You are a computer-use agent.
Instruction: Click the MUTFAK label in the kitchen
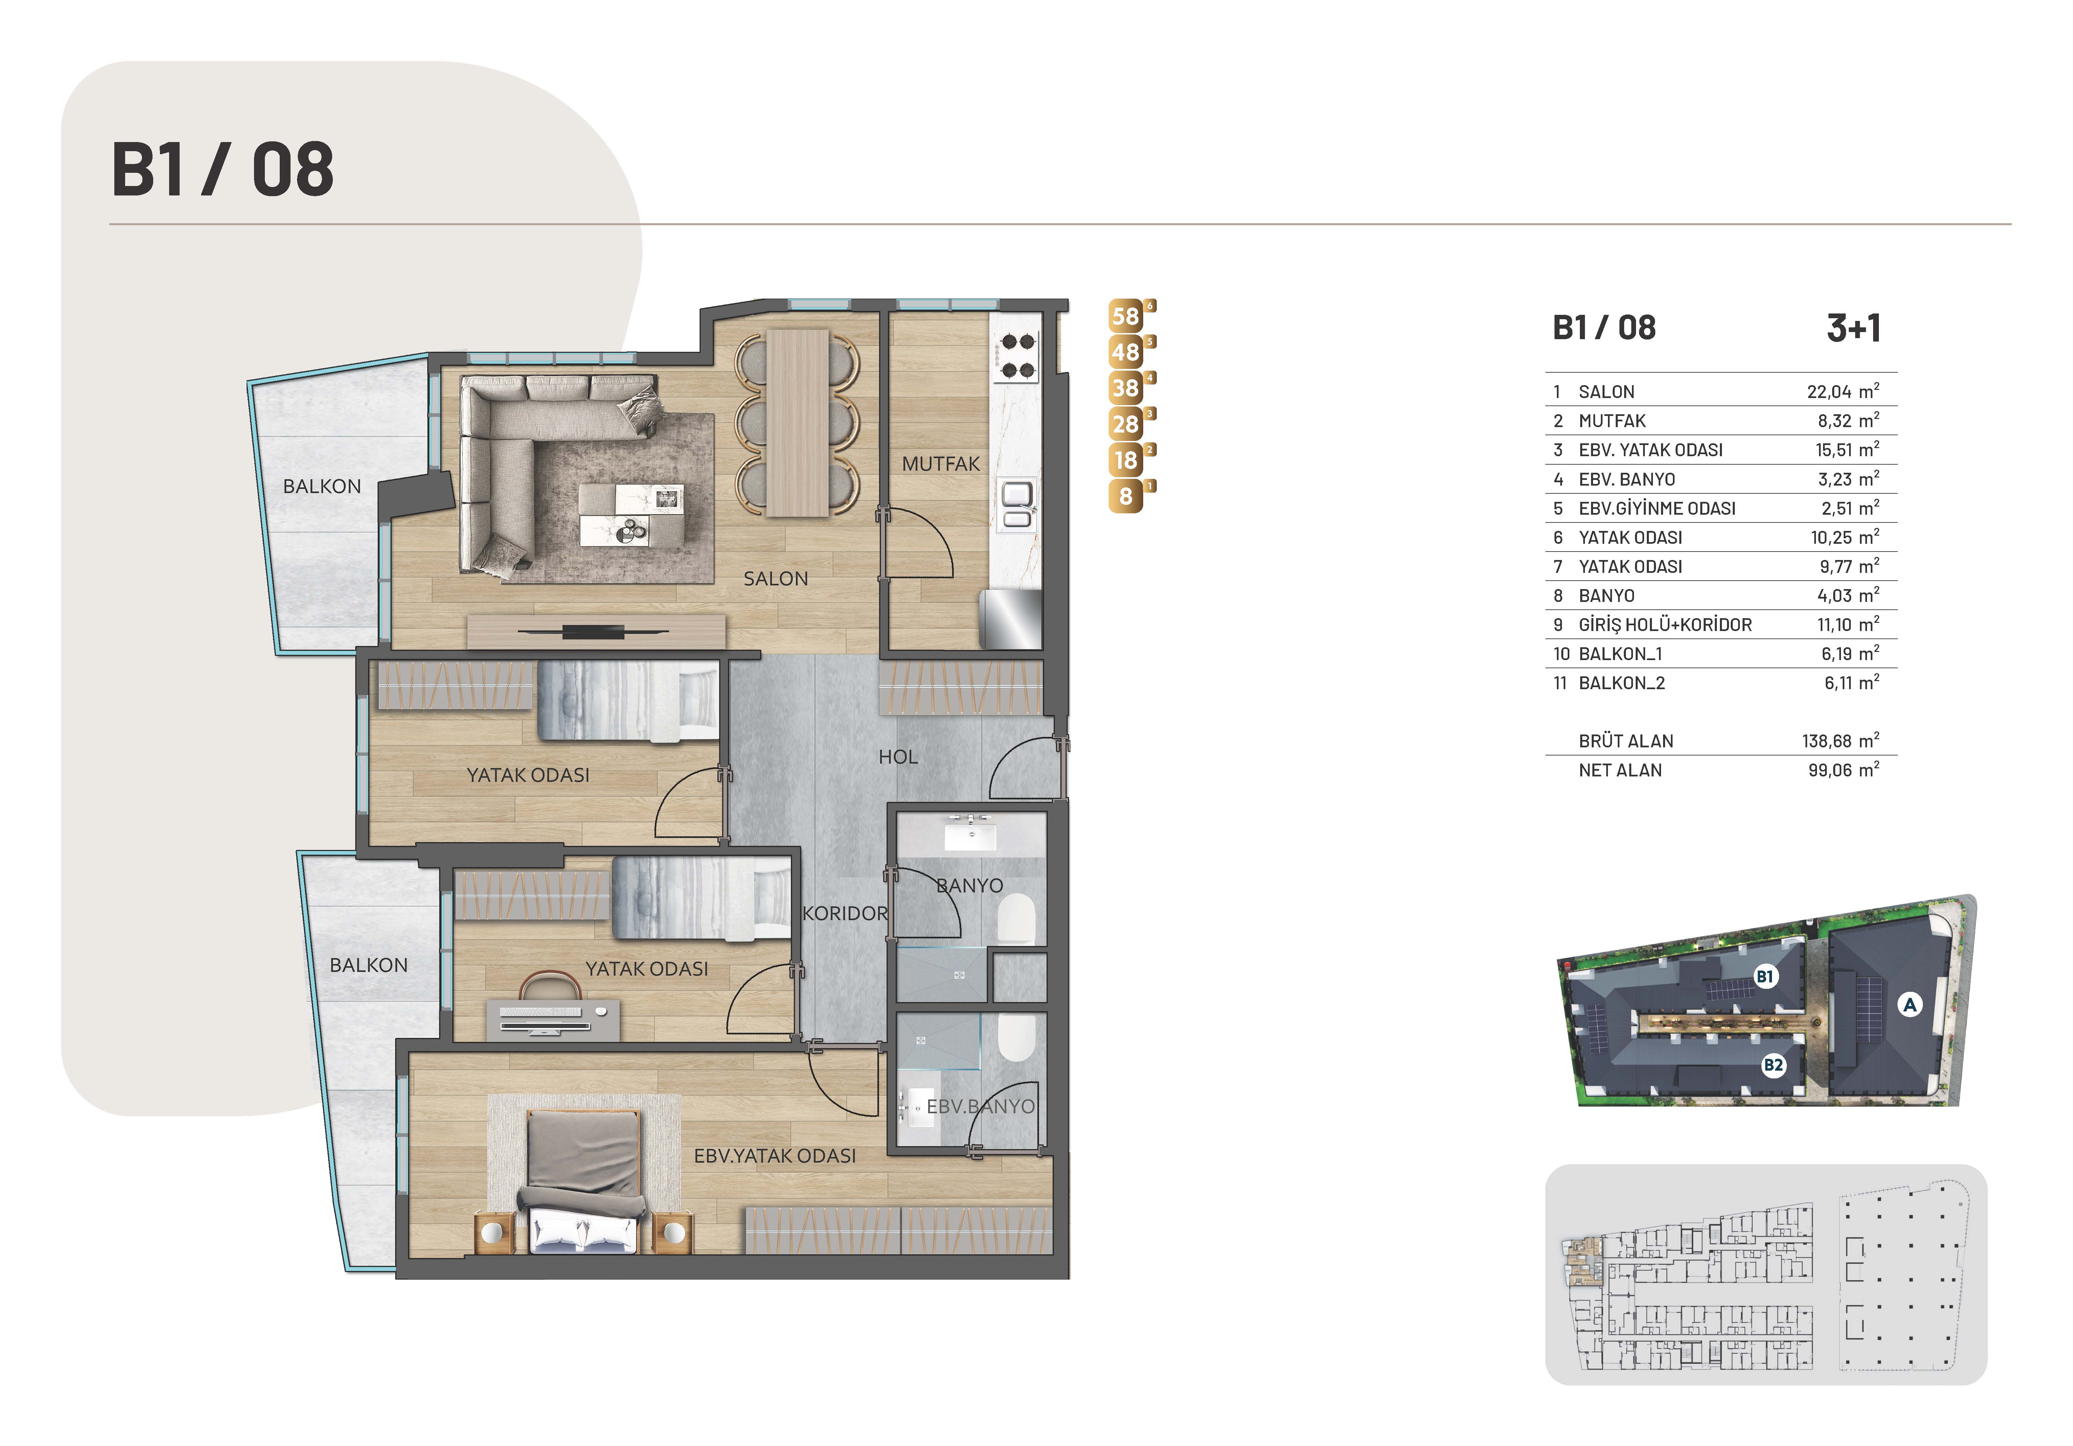click(x=941, y=464)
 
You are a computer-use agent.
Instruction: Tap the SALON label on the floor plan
click(x=776, y=579)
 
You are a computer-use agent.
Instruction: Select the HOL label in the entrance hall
click(x=898, y=757)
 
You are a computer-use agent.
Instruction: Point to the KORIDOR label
click(x=845, y=913)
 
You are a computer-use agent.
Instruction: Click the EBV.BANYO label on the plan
click(x=981, y=1106)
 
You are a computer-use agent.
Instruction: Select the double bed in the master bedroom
click(x=582, y=1182)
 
